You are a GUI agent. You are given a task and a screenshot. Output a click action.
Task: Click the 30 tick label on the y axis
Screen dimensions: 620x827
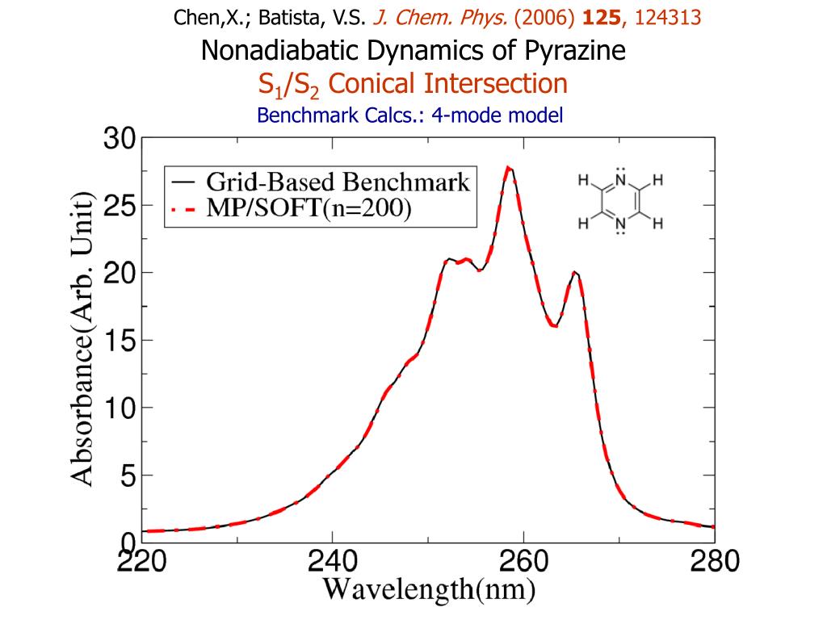tap(119, 140)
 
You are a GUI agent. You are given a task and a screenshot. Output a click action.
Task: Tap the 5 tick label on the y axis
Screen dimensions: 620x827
tap(128, 475)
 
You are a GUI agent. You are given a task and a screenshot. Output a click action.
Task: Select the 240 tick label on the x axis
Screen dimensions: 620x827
tap(333, 561)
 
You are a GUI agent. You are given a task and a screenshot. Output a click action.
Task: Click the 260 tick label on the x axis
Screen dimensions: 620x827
tap(523, 561)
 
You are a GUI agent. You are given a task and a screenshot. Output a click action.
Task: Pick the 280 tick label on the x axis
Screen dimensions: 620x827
tap(712, 561)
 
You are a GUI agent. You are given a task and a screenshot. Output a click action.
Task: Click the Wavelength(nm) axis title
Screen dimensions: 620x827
tap(430, 590)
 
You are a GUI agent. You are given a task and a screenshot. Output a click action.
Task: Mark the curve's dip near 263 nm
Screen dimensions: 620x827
tap(554, 325)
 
